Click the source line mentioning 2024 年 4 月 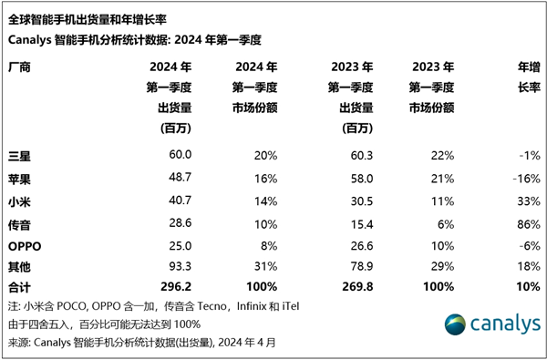click(x=140, y=343)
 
